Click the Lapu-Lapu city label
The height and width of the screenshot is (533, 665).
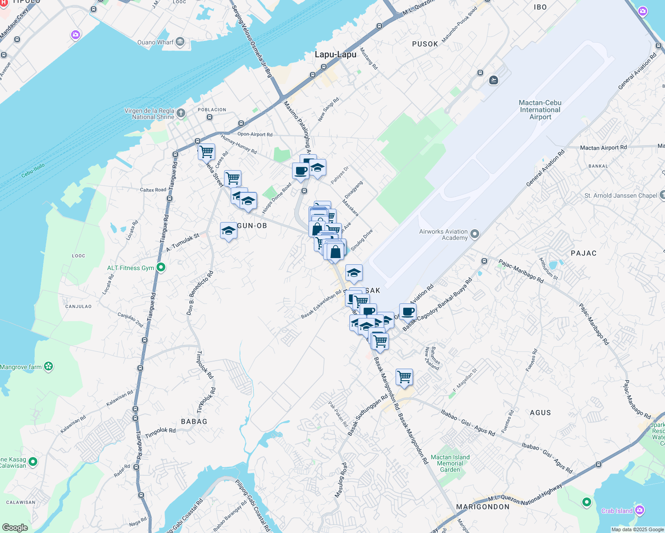coord(336,55)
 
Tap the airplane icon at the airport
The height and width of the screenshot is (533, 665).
coord(493,80)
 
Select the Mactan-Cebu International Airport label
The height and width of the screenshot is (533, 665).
coord(540,110)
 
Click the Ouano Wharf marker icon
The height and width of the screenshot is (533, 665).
coord(180,42)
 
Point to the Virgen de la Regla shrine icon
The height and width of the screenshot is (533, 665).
coord(181,113)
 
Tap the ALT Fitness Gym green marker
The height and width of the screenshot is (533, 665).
coord(161,267)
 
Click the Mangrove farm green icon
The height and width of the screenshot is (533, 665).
coord(49,367)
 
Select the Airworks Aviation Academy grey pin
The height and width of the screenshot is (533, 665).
coord(475,234)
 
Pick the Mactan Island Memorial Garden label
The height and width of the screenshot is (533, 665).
coord(450,463)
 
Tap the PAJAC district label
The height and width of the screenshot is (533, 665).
coord(583,253)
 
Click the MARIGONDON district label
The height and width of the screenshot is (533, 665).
coord(483,507)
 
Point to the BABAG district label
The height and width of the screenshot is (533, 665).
coord(194,422)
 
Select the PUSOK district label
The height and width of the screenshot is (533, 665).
coord(425,44)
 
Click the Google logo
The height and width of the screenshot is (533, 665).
coord(15,528)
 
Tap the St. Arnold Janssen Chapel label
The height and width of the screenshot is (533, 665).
coord(621,195)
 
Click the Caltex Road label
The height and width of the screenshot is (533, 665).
coord(153,190)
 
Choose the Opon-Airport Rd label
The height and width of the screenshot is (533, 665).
coord(255,134)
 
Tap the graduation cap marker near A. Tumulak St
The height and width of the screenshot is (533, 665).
coord(228,231)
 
